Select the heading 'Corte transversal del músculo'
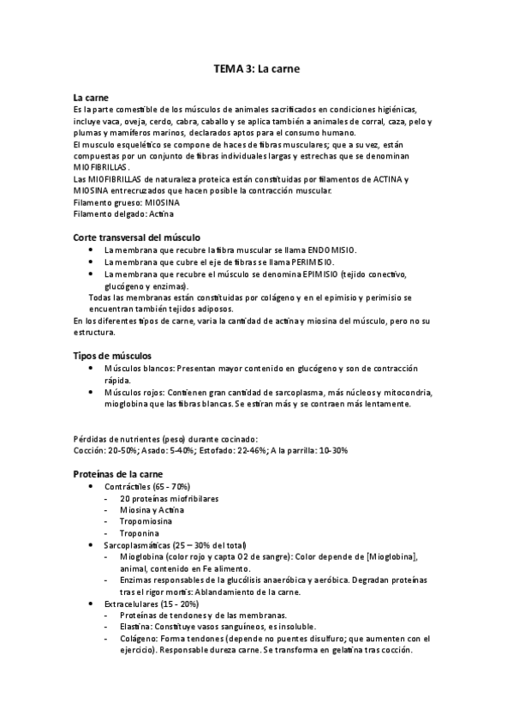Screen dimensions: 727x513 (x=137, y=236)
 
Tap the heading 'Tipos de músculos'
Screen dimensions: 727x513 (x=113, y=353)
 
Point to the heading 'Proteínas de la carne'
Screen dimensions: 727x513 (x=119, y=473)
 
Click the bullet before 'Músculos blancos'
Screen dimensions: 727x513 (x=92, y=367)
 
